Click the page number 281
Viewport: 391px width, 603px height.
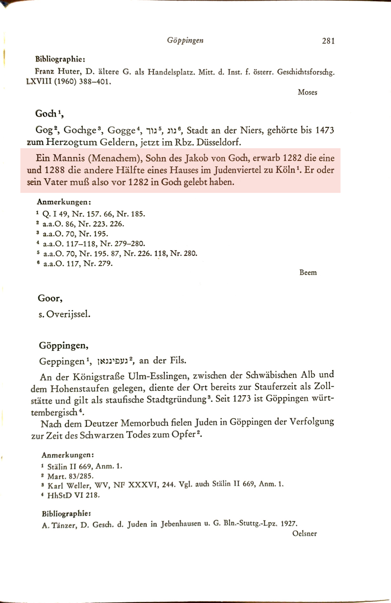[328, 41]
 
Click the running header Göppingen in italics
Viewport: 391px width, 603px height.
[185, 40]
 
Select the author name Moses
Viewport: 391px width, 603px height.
[307, 92]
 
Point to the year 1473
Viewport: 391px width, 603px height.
[324, 130]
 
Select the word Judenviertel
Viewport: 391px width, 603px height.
[238, 170]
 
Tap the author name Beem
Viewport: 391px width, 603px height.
[308, 272]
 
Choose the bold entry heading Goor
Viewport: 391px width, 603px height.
[50, 298]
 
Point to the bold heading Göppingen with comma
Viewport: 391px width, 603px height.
[63, 345]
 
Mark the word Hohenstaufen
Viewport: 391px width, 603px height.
[78, 388]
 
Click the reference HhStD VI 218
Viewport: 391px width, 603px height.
[74, 495]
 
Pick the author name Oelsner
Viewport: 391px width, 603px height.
[304, 533]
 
